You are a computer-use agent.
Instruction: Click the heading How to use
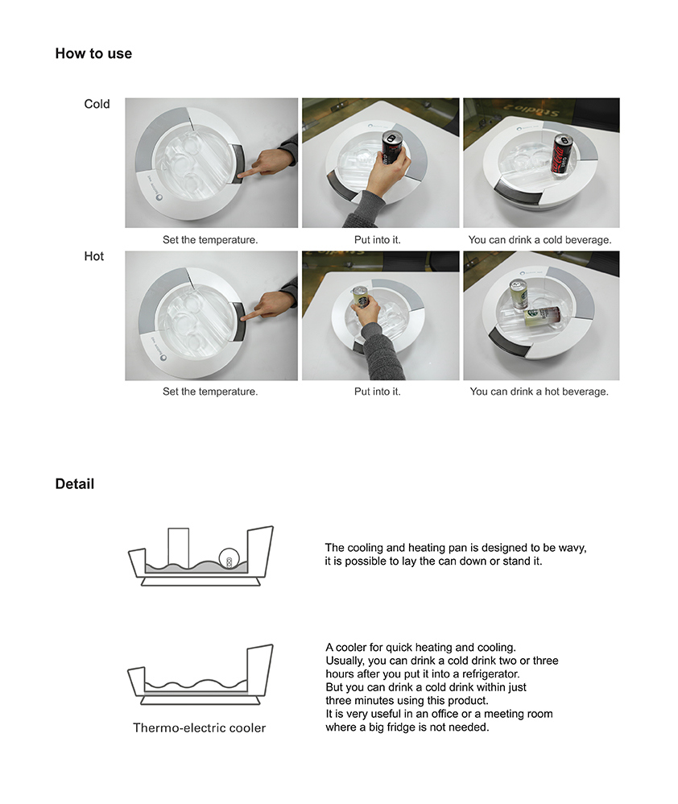tap(93, 54)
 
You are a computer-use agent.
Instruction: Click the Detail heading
tap(74, 484)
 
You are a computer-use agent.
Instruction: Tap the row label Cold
tap(97, 104)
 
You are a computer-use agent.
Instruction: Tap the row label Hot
tap(93, 256)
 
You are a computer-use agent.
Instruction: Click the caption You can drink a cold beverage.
tap(540, 240)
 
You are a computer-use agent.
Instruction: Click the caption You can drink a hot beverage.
tap(539, 392)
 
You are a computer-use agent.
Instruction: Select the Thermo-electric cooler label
tap(199, 728)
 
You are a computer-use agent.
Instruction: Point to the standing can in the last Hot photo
tap(518, 294)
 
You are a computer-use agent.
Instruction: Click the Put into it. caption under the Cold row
tap(377, 240)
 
